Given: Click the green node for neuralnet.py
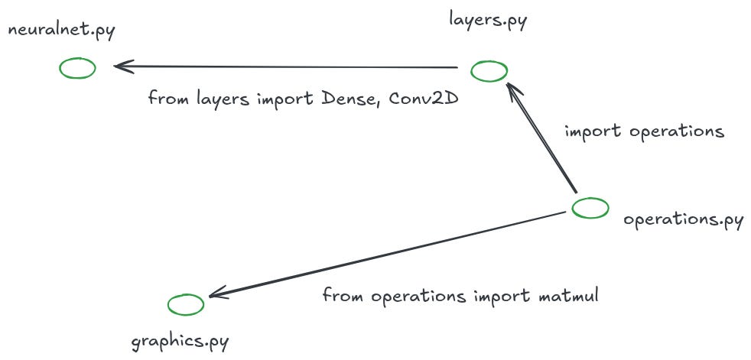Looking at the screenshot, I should pos(77,68).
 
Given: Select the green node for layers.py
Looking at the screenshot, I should pos(489,71).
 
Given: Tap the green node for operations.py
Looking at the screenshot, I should pos(590,207).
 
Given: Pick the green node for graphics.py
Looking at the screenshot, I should pos(186,304).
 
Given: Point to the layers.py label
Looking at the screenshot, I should pos(488,19).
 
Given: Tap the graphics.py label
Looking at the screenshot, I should pos(180,340).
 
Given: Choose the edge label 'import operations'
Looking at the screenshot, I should pos(644,131).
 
